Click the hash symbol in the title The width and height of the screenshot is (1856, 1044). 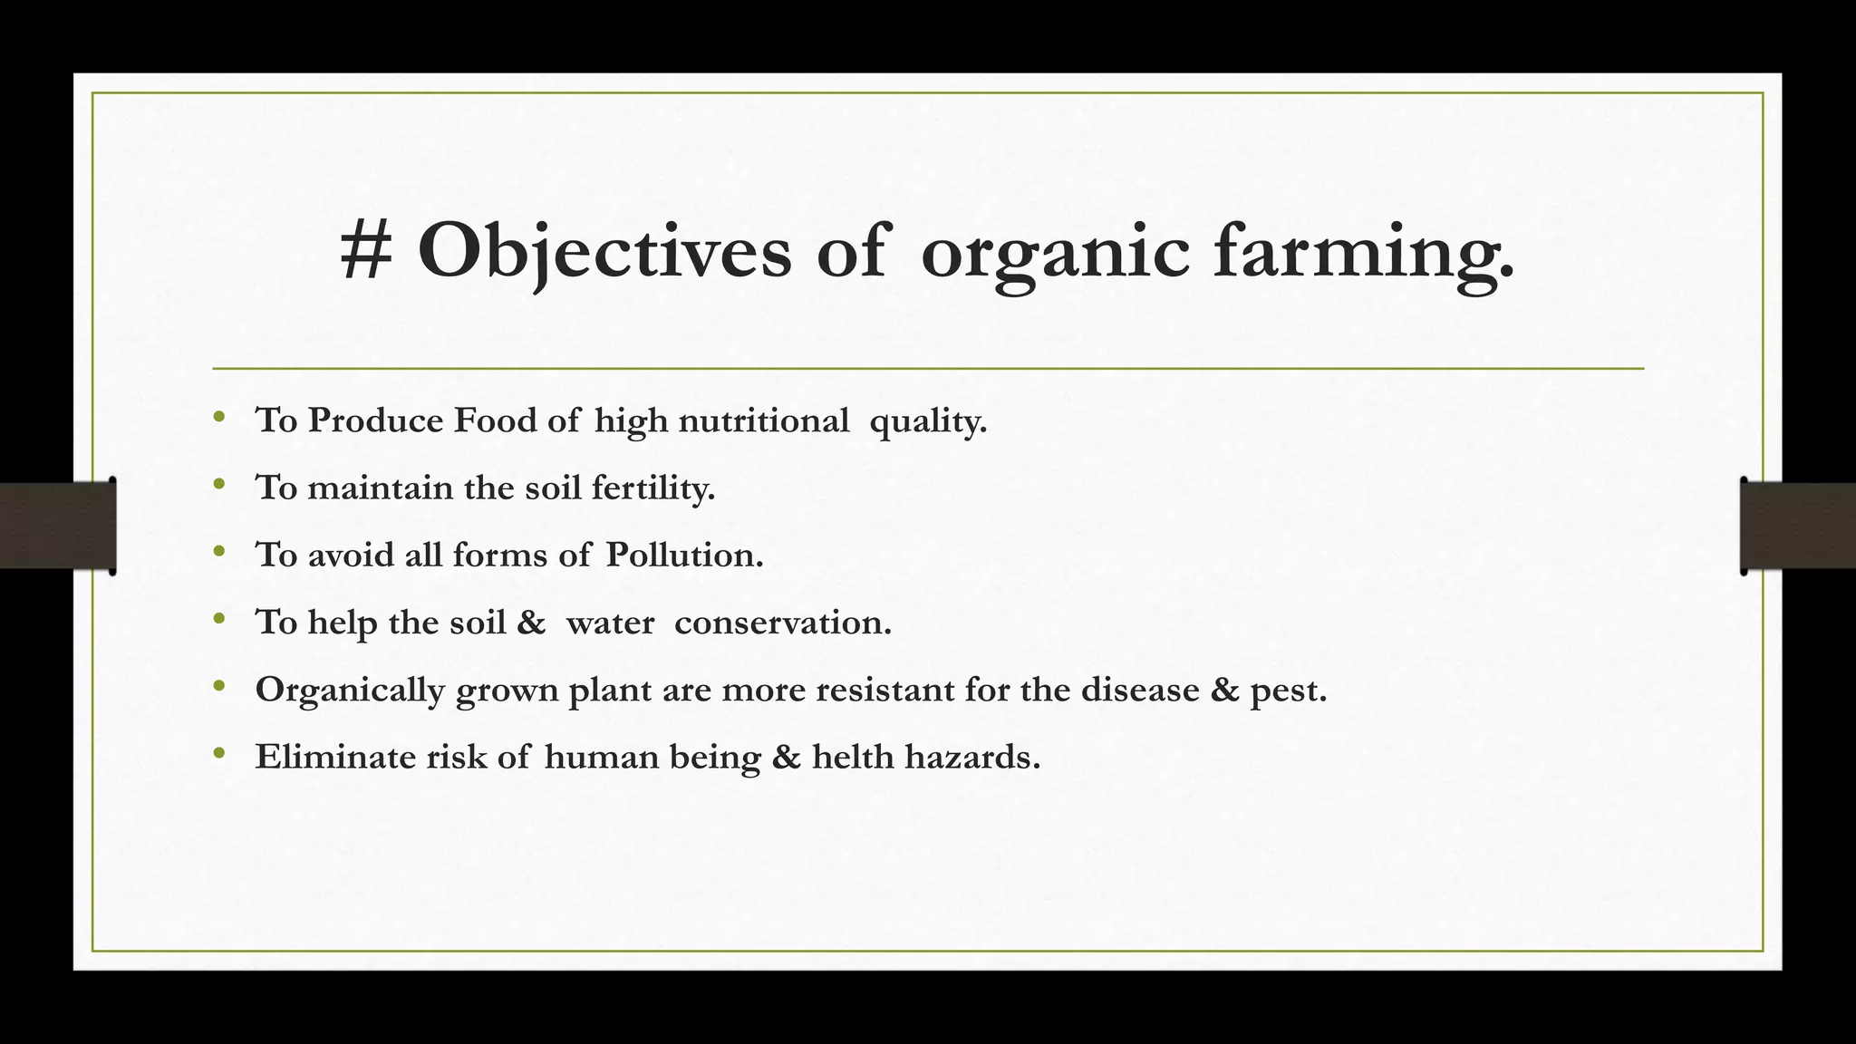366,251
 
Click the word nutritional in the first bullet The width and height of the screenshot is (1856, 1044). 763,420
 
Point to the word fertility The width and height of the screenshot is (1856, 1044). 652,488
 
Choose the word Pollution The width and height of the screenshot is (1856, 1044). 684,555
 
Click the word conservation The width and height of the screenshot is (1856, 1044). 783,623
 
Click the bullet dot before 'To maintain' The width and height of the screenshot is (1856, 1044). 218,485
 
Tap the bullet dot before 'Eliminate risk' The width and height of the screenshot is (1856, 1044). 218,753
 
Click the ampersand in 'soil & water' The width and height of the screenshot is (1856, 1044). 531,623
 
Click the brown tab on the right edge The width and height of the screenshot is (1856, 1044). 1798,526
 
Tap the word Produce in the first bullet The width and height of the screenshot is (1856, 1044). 375,420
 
